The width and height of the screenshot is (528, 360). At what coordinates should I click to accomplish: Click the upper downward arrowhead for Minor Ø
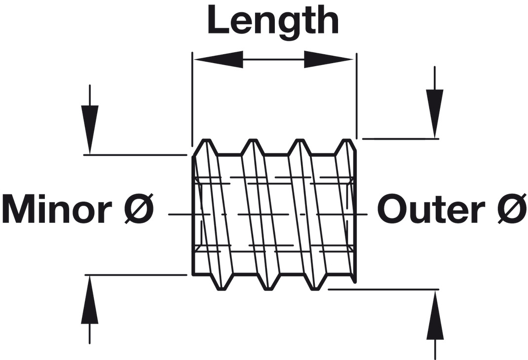(x=89, y=128)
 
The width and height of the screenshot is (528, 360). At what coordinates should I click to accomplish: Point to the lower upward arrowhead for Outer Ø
(x=435, y=316)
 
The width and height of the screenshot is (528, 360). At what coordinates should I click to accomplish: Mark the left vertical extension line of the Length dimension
(x=191, y=99)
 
